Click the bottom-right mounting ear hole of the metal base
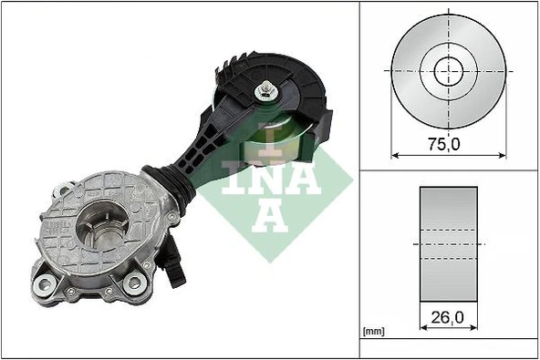coord(136,284)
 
